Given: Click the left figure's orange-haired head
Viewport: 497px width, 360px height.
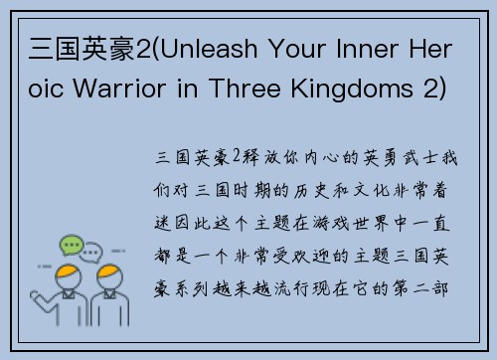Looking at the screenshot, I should click(69, 274).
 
